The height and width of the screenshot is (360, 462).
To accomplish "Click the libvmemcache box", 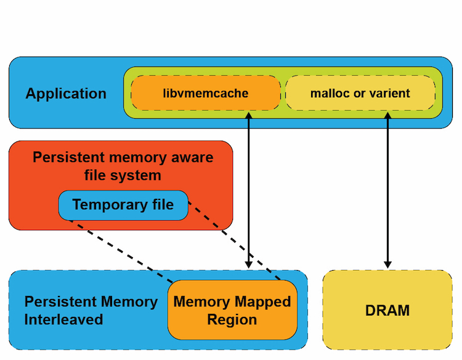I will pyautogui.click(x=206, y=93).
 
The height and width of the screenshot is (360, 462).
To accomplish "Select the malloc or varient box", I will pyautogui.click(x=360, y=93).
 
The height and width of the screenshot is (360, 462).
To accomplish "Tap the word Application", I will pyautogui.click(x=66, y=94).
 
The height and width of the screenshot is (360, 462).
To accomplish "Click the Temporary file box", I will pyautogui.click(x=123, y=205).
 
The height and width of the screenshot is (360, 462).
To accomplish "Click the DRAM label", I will pyautogui.click(x=387, y=310).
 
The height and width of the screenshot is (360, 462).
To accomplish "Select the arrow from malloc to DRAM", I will pyautogui.click(x=387, y=191).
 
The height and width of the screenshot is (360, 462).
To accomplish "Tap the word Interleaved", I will pyautogui.click(x=63, y=320).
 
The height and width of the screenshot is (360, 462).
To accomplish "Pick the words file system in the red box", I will pyautogui.click(x=123, y=175).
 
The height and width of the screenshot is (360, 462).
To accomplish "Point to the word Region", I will pyautogui.click(x=232, y=320).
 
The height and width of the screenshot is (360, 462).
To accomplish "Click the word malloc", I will pyautogui.click(x=330, y=94).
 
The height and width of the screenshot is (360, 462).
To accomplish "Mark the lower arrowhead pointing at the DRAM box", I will pyautogui.click(x=387, y=263).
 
